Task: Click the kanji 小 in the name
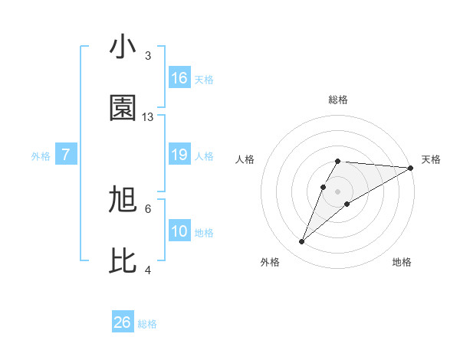pos(123,48)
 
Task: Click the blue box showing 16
pos(179,78)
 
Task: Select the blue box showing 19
pos(179,155)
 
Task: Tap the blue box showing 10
pos(179,231)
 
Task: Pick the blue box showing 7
pos(66,155)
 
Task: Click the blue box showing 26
pos(123,322)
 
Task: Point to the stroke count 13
pos(148,117)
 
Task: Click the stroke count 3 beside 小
pos(148,56)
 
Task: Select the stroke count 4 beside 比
pos(148,270)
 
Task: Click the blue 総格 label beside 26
pos(147,324)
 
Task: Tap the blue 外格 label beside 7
pos(41,156)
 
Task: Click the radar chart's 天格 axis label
pos(431,159)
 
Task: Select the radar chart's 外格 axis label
pos(270,262)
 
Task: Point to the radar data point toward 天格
pos(411,168)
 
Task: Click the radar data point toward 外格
pos(301,242)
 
